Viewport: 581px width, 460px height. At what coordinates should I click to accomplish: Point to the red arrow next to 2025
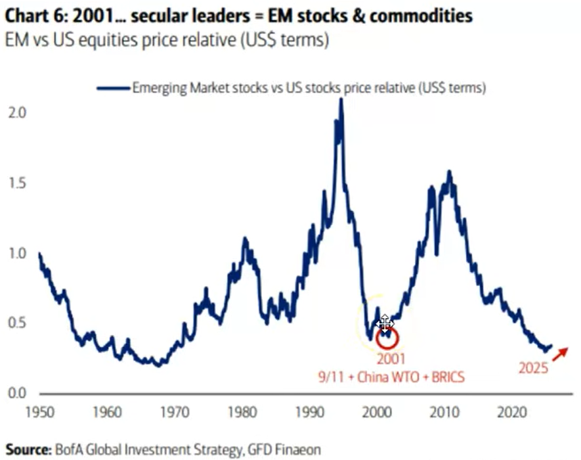(x=560, y=354)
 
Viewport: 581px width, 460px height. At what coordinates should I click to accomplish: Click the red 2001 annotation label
(x=392, y=359)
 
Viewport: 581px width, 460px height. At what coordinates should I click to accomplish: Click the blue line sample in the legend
(x=112, y=87)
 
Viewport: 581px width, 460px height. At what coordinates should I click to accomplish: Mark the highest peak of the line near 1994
(x=340, y=100)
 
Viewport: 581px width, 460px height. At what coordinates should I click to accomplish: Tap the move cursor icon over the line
(x=385, y=323)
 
